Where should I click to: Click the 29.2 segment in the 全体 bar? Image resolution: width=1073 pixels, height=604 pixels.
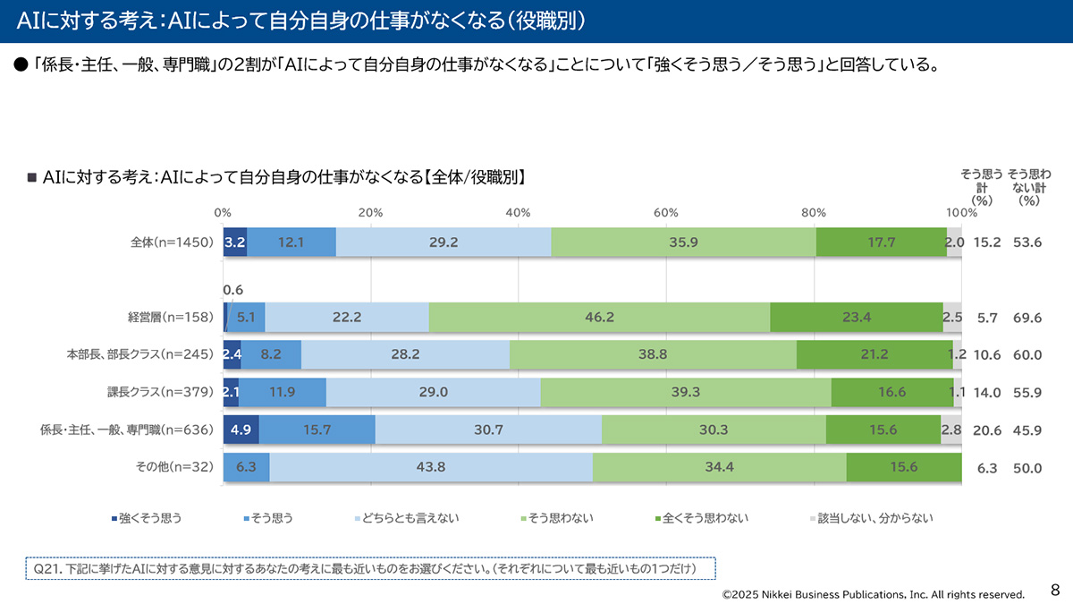click(444, 242)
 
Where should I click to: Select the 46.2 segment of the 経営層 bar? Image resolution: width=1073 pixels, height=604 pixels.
click(599, 317)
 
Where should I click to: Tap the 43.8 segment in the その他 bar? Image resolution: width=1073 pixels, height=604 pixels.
click(431, 467)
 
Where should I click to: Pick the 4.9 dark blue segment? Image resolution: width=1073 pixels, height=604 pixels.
click(241, 430)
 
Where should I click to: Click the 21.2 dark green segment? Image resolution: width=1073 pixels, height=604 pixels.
click(874, 354)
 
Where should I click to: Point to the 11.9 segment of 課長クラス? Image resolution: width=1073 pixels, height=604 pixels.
click(282, 392)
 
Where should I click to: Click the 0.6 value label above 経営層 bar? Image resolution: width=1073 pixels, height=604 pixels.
click(232, 290)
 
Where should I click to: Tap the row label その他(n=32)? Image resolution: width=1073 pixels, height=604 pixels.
click(175, 467)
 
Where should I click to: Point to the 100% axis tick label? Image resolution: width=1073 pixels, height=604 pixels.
click(961, 212)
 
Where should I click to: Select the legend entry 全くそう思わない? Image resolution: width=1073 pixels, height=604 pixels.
click(701, 518)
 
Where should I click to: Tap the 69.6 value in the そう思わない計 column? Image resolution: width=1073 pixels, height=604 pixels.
click(1027, 318)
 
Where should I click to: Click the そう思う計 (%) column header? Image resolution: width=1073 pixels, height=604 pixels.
click(982, 187)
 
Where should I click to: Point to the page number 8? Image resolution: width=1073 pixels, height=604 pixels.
click(1055, 590)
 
